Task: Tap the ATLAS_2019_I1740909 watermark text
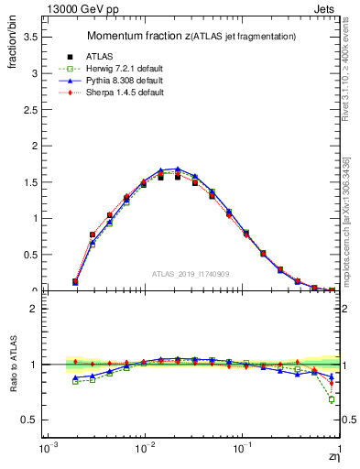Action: tap(191, 273)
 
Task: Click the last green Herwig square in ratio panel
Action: tap(332, 399)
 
